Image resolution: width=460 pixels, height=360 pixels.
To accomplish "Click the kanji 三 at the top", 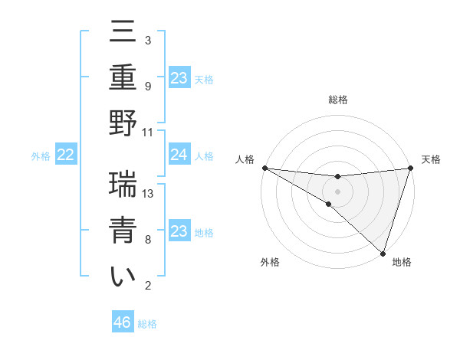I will pos(123,34).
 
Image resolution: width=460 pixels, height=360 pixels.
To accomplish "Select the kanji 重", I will pos(123,79).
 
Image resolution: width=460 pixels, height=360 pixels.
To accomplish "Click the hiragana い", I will pos(123,277).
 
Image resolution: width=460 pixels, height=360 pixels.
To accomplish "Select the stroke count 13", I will pos(148,194).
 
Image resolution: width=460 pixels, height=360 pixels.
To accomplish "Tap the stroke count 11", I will pos(148,132).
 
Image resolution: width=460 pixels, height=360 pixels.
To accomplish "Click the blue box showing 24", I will pos(179,155).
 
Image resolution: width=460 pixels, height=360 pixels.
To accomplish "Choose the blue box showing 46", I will pos(123,322).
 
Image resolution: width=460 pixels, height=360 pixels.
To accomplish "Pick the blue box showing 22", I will pos(65,155).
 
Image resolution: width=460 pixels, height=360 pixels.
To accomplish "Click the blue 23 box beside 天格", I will pos(179,78).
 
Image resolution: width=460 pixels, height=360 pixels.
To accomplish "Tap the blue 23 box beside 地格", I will pos(179,231).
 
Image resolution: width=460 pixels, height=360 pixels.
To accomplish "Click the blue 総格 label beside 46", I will pos(147,324).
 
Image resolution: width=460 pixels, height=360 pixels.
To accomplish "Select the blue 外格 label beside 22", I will pos(41,156).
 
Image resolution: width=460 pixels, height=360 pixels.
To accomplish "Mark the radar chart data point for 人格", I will pos(264,167).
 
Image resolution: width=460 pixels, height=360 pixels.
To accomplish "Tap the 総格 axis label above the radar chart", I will pos(337,100).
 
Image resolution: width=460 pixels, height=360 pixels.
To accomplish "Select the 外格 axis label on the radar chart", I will pos(270,262).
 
